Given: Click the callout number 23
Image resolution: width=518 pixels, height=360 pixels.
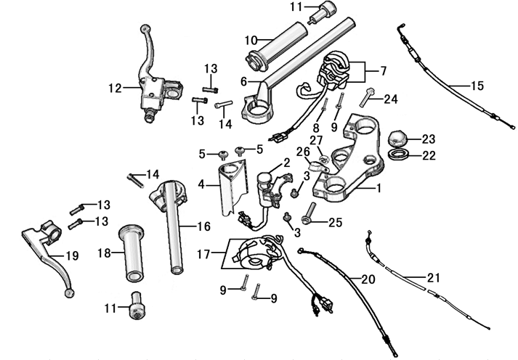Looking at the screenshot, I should (x=428, y=138).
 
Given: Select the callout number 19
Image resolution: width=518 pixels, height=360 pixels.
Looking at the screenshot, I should (x=71, y=255).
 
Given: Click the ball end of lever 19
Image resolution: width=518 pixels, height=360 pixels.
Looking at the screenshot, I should (x=68, y=293).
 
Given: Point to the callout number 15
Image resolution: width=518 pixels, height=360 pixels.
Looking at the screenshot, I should (x=477, y=86).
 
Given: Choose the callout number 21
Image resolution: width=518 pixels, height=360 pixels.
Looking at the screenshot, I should (x=433, y=277).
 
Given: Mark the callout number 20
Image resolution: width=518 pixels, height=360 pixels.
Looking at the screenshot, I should (x=368, y=279).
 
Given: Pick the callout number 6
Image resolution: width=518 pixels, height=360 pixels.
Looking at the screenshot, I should (x=243, y=81).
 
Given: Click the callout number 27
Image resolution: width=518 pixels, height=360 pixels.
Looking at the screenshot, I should (x=316, y=140).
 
